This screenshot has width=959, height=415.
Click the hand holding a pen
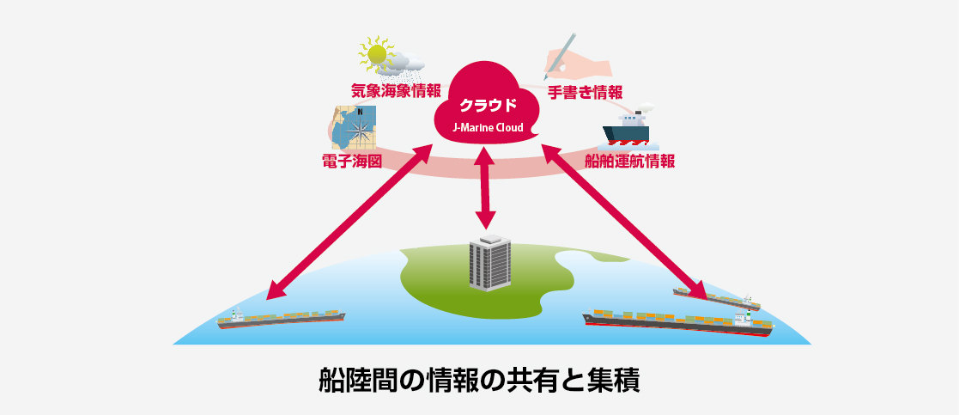click(x=576, y=59)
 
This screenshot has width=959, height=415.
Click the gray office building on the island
click(x=489, y=262)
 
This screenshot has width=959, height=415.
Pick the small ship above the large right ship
click(x=717, y=297)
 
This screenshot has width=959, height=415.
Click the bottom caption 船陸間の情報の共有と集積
click(x=479, y=379)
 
